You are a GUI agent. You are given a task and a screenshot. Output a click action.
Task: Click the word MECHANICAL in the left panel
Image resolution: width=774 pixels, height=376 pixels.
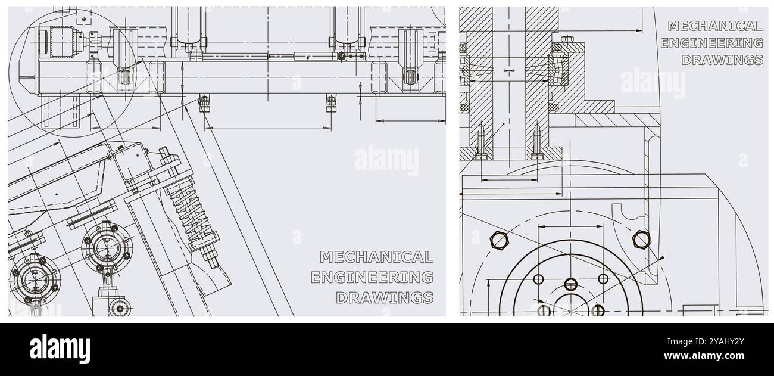376,257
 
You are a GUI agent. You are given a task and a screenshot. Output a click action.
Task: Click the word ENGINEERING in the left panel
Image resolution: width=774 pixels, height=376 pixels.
372,277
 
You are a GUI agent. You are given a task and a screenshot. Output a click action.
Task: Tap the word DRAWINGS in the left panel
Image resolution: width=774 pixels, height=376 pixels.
385,297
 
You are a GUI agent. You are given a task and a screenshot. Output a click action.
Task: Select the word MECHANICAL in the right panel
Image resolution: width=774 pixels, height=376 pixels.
715,26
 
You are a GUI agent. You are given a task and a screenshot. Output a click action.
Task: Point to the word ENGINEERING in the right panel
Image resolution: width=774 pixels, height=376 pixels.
711,43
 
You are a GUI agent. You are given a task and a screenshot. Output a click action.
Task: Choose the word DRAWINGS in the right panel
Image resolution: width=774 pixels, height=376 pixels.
722,60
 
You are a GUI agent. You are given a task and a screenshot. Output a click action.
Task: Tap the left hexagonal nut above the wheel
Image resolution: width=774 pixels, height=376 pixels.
496,240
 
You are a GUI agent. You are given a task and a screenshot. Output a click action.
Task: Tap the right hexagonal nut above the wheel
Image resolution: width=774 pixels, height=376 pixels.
641,240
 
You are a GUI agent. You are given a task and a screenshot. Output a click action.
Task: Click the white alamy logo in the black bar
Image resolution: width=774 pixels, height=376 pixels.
60,349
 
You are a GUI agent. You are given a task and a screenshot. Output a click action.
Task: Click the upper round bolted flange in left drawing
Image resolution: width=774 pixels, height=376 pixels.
105,246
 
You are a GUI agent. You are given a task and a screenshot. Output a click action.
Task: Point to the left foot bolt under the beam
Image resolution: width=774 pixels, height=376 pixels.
204,104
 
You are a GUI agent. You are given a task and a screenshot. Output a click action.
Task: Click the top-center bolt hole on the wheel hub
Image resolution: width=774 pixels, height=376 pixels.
570,284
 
